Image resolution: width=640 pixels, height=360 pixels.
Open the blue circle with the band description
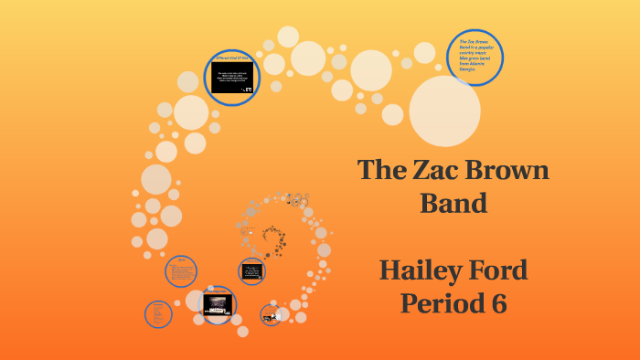point(475,57)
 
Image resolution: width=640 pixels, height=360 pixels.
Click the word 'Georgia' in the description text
point(467,69)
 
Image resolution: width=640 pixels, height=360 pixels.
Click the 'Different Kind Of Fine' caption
point(232,58)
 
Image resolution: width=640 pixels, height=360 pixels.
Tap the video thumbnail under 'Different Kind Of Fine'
point(232,77)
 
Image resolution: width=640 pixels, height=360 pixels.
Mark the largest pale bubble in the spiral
point(444,111)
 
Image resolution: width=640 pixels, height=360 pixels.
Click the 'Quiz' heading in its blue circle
point(181,260)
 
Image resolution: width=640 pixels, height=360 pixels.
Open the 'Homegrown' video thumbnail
point(217,305)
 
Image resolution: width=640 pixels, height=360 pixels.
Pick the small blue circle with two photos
point(270,317)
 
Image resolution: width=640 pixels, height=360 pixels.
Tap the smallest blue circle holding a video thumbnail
point(251,271)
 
